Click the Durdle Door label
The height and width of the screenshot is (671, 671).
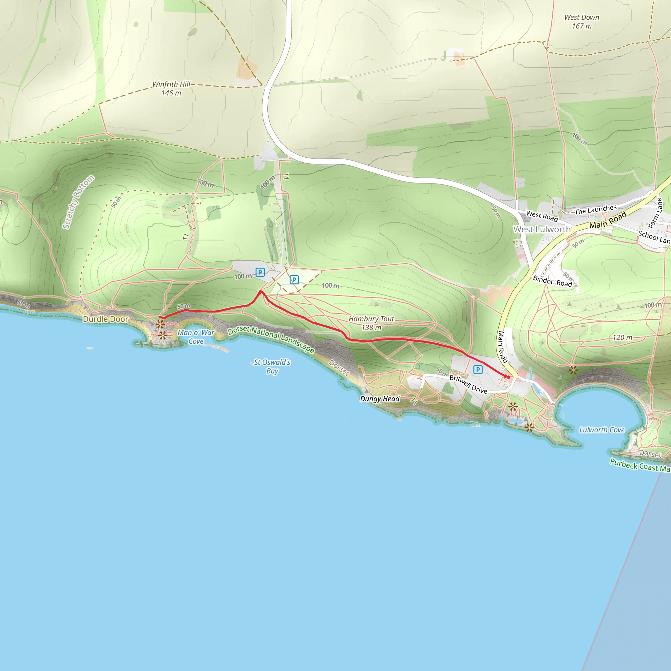105,319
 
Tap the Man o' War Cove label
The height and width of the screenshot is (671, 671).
196,337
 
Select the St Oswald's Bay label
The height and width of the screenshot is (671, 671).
272,366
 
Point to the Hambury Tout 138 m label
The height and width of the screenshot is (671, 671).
371,323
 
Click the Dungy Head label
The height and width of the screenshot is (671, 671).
380,399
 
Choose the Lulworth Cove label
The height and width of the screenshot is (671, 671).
602,430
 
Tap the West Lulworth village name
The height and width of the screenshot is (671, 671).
542,229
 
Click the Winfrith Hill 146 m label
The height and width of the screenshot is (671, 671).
171,88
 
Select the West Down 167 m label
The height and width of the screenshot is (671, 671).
582,22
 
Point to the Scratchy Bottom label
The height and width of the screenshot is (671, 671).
78,202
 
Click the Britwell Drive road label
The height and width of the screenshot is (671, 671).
468,384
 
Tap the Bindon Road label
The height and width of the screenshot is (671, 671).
552,281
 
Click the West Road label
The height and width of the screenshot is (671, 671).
542,216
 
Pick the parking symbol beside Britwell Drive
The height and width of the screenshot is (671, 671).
478,370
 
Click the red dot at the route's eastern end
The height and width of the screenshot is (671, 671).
508,377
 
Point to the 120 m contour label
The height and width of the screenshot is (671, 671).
623,337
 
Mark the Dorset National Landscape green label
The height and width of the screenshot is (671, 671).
271,339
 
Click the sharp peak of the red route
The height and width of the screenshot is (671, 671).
261,291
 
